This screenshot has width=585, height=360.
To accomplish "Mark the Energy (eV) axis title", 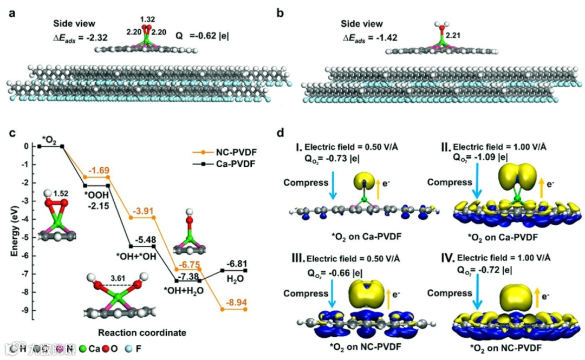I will point(13,228).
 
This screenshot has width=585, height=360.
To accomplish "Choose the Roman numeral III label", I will point(296,256).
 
